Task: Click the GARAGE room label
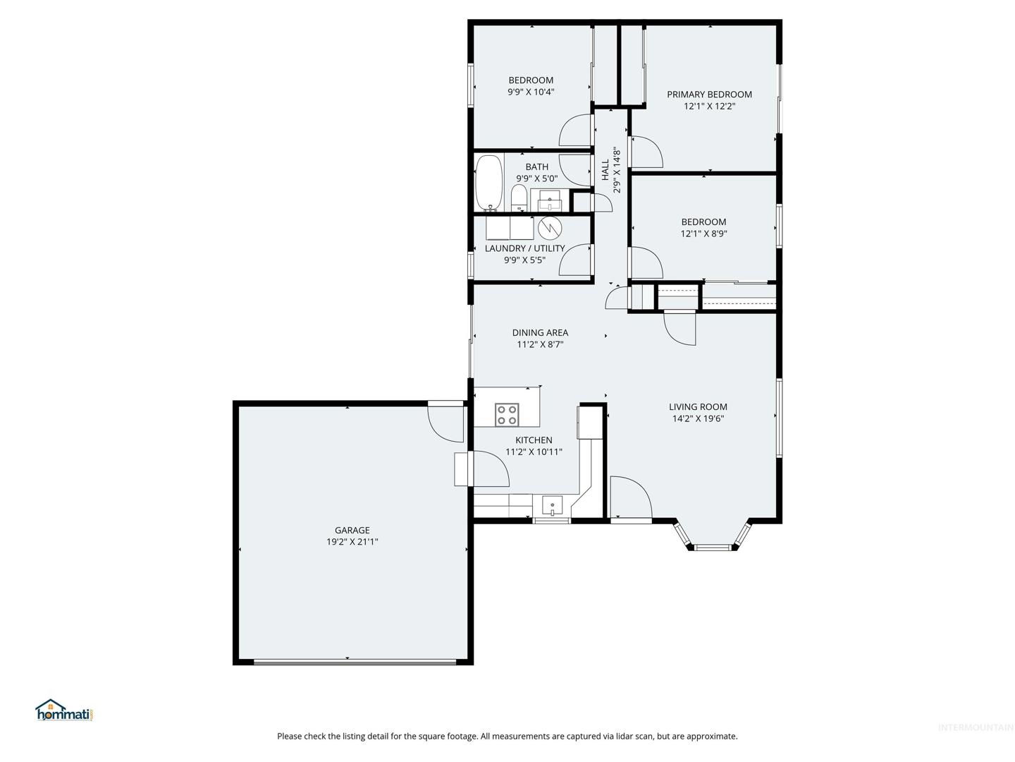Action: [x=352, y=530]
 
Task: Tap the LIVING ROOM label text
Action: [x=698, y=406]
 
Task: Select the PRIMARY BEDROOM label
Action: [x=709, y=95]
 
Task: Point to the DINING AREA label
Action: [x=540, y=332]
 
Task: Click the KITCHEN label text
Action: [x=534, y=440]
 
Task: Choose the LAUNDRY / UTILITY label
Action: [x=524, y=248]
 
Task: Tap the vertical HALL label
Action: [x=605, y=170]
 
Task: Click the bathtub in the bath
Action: [x=488, y=183]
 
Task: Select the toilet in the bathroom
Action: [x=518, y=198]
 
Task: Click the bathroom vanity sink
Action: [x=549, y=201]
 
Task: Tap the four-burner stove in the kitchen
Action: [x=506, y=414]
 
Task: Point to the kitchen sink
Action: [x=552, y=506]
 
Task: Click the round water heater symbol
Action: [x=550, y=228]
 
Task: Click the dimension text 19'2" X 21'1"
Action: [x=352, y=541]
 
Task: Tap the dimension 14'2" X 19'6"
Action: [x=698, y=418]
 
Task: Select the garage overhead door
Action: [x=355, y=663]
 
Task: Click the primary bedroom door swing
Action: [x=647, y=152]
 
